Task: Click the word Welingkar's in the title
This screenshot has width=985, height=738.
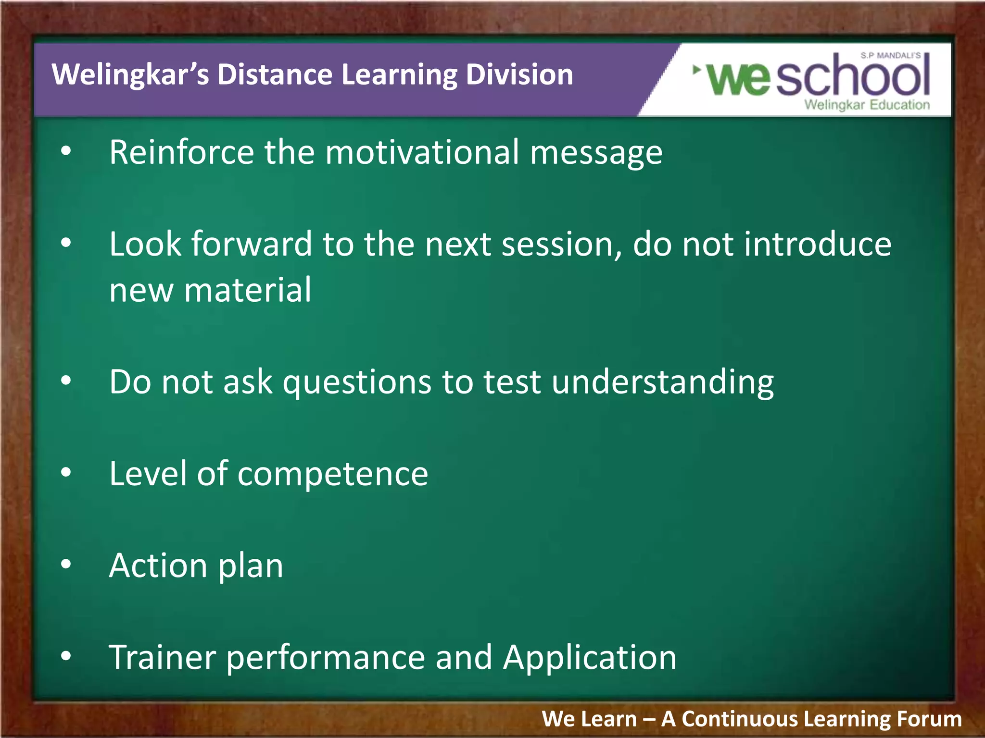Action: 130,75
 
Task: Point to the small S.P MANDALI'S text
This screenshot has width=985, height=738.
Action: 890,56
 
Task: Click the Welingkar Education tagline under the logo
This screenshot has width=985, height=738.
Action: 867,105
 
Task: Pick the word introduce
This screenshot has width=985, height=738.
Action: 818,245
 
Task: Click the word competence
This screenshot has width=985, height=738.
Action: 332,474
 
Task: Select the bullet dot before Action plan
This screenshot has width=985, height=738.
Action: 66,564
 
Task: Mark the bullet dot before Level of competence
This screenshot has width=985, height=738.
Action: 66,472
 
